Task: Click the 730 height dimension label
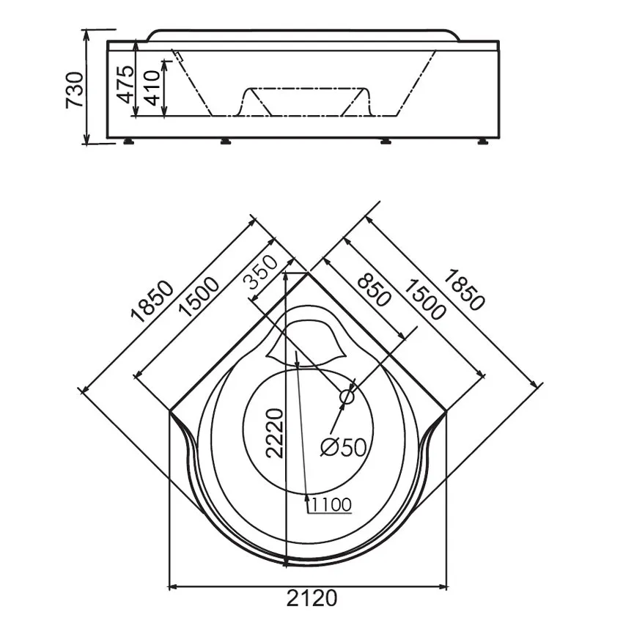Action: click(x=75, y=90)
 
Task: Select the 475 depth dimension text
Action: click(x=126, y=84)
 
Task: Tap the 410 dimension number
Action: click(x=152, y=88)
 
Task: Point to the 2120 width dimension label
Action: click(x=312, y=598)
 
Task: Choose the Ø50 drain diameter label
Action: click(x=343, y=448)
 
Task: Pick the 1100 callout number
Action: click(x=331, y=505)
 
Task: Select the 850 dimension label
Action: click(x=374, y=291)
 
